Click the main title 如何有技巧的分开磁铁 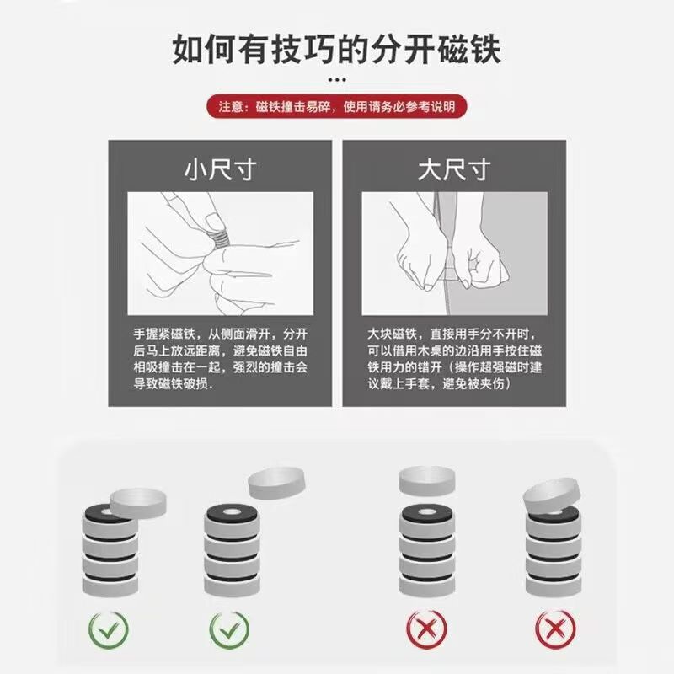337,48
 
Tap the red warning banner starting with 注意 337,107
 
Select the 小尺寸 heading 219,171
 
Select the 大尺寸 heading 454,171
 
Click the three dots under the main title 337,80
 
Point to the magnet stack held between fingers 220,237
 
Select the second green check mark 229,628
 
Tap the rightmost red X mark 552,628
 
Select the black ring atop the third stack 427,512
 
